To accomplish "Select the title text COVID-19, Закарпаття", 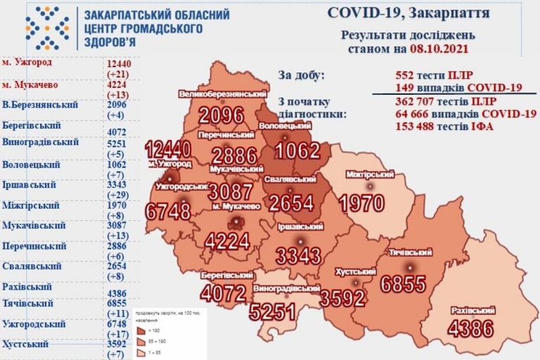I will pos(409,13).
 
